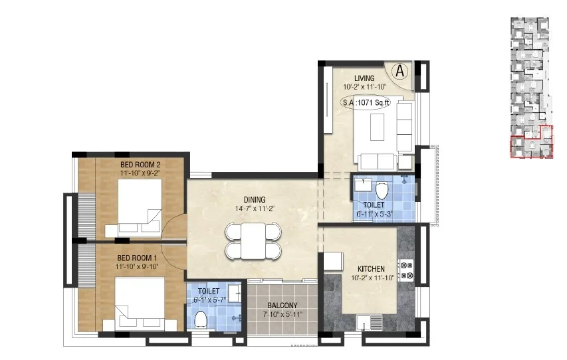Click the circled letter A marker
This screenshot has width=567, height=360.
(x=399, y=71)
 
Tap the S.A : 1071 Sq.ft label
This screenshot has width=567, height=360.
(x=366, y=103)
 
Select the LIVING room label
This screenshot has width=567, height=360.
(x=364, y=78)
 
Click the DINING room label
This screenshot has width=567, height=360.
(x=255, y=199)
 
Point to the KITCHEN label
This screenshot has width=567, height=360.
(x=371, y=269)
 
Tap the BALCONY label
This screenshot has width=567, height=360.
(x=283, y=306)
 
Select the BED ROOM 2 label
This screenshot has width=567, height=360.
(x=140, y=165)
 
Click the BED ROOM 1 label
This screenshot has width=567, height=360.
(x=137, y=258)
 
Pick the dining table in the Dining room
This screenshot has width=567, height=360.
(x=253, y=241)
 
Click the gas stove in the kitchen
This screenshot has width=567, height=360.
(x=406, y=270)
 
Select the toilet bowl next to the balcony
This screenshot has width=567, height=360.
(x=200, y=319)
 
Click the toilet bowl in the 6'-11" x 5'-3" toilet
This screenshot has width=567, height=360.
(x=382, y=191)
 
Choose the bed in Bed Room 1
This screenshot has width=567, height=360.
(x=140, y=304)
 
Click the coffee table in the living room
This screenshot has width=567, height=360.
(x=377, y=127)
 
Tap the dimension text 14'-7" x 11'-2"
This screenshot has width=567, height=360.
(x=255, y=209)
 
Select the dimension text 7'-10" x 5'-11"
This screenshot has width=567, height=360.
(x=283, y=314)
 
